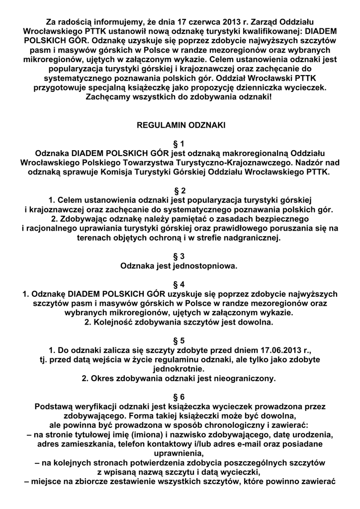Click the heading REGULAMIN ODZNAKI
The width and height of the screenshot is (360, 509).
[180, 126]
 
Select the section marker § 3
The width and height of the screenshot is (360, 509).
[180, 256]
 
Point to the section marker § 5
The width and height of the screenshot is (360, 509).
[180, 340]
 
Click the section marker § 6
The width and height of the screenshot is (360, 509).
[180, 397]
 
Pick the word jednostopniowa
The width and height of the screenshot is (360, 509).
[209, 266]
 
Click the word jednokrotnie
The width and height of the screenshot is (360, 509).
[180, 369]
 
